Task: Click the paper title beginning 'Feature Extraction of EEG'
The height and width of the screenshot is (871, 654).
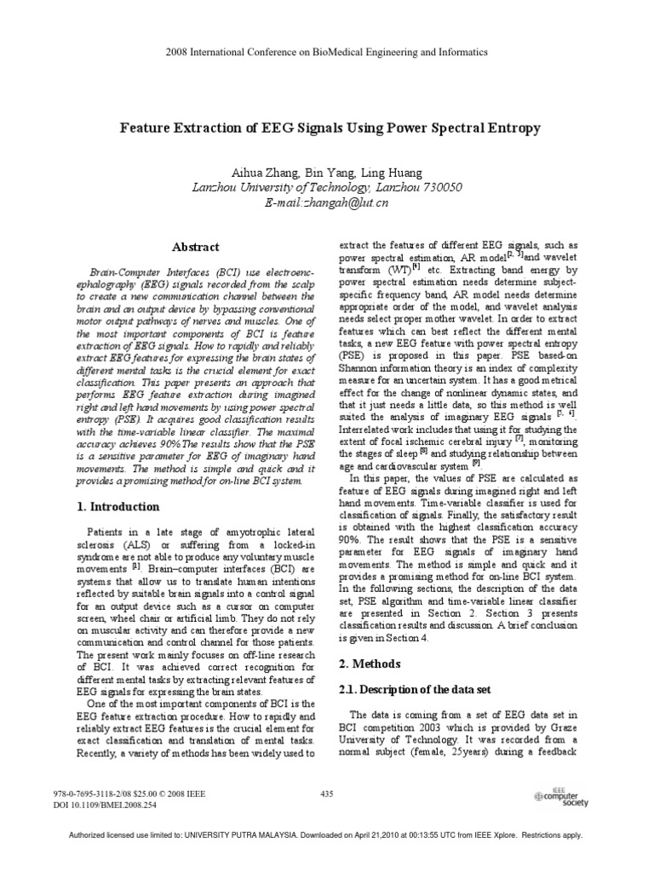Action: pyautogui.click(x=327, y=128)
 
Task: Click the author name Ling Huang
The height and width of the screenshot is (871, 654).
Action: pyautogui.click(x=380, y=171)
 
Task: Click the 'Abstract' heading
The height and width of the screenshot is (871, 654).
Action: pyautogui.click(x=196, y=247)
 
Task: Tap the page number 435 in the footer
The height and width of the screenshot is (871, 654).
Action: pyautogui.click(x=325, y=794)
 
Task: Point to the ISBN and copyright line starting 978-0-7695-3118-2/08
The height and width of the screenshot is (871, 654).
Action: pyautogui.click(x=129, y=794)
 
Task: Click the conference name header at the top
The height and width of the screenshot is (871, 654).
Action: pyautogui.click(x=327, y=52)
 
